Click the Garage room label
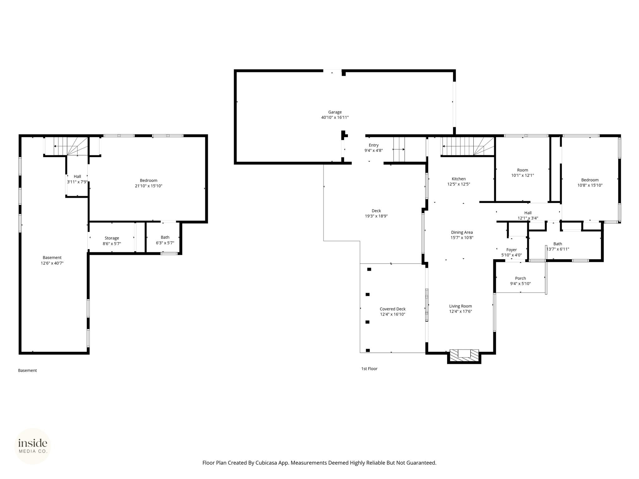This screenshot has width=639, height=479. tap(335, 112)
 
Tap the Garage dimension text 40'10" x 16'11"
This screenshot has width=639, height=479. tap(335, 118)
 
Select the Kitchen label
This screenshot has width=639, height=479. tap(459, 179)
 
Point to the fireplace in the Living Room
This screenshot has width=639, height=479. tap(464, 356)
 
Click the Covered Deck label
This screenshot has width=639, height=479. tap(393, 309)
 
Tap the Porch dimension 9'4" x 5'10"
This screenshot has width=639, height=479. tap(520, 284)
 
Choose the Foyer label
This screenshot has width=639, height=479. tap(512, 250)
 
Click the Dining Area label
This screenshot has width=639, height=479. tap(462, 232)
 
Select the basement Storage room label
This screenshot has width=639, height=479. tap(112, 238)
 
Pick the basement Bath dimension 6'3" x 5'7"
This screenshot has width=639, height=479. tap(165, 243)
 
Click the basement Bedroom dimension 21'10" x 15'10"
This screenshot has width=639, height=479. tap(149, 186)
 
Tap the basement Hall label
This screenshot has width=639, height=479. tap(77, 177)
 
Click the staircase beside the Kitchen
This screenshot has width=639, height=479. tap(467, 146)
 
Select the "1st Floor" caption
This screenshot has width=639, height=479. tap(369, 369)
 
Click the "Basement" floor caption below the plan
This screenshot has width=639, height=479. tap(27, 370)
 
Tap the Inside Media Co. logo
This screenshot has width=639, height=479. tap(33, 446)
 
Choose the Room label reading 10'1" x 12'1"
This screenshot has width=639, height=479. tap(523, 173)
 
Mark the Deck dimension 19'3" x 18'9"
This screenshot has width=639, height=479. tap(376, 216)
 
